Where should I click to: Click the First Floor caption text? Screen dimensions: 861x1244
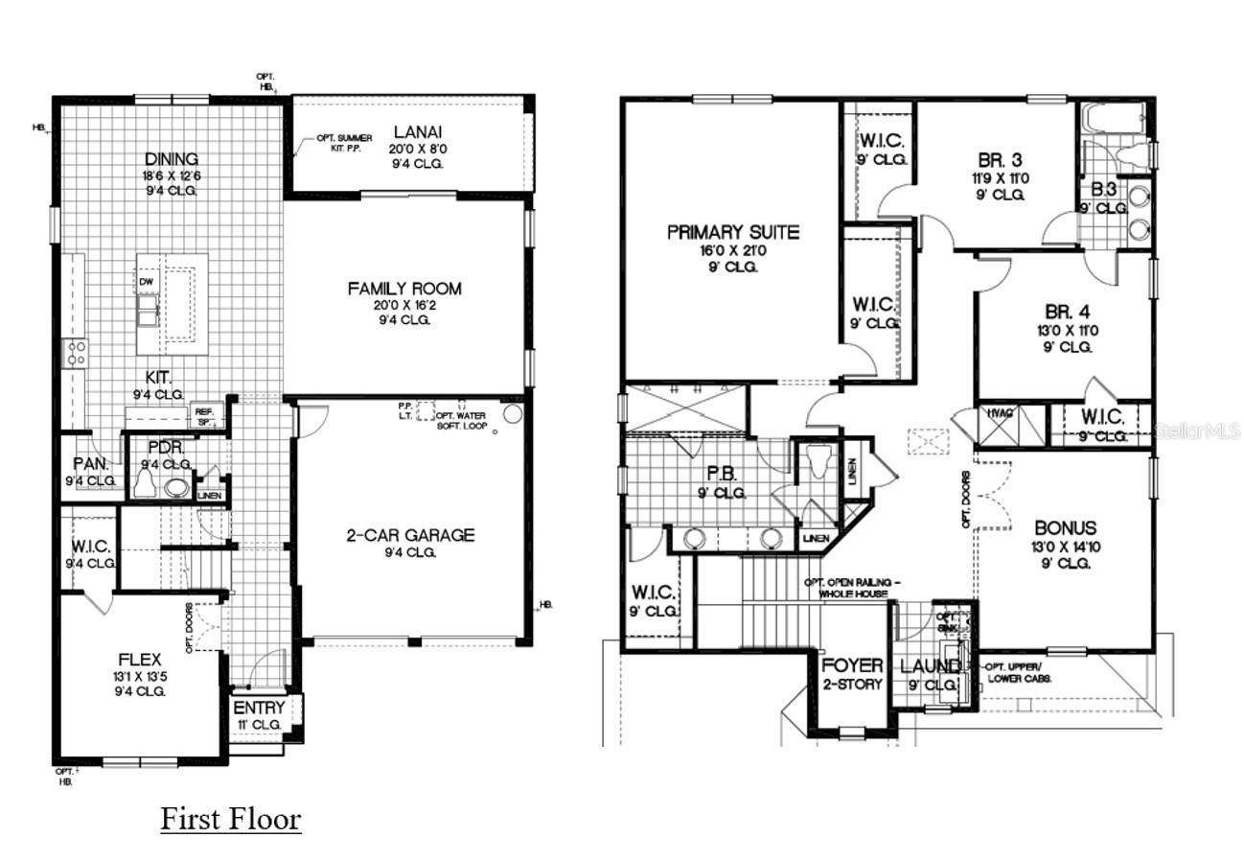(x=230, y=820)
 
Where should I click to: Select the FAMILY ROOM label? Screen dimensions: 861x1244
(x=403, y=289)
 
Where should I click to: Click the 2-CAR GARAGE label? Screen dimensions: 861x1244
(x=410, y=535)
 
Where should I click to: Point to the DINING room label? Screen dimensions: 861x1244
(x=172, y=159)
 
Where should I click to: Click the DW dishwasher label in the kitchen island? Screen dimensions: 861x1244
(x=146, y=282)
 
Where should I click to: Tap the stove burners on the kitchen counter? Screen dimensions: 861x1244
(x=75, y=352)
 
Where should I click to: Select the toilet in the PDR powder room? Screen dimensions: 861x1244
(x=145, y=485)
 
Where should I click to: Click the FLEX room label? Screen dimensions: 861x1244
(x=140, y=660)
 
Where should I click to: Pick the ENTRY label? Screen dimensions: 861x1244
(x=259, y=709)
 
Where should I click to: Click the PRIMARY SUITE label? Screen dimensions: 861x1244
(x=733, y=232)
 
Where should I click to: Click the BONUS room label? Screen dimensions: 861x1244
(x=1065, y=528)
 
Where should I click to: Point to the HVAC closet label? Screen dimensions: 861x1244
(x=1000, y=413)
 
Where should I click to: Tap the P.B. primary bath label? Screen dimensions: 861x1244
(x=721, y=475)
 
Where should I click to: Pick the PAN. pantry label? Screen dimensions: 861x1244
(x=90, y=464)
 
